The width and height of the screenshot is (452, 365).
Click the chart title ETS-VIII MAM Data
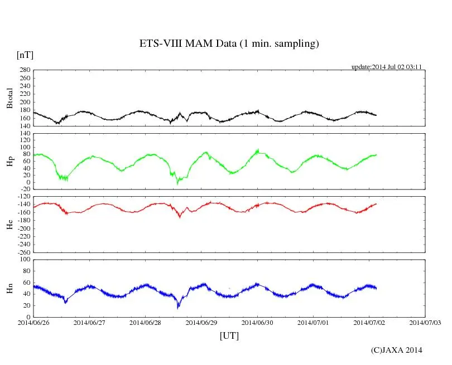[229, 44]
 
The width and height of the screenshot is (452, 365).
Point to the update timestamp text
[386, 67]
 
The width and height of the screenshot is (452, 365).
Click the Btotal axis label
[9, 98]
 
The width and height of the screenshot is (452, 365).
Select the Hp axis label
[9, 162]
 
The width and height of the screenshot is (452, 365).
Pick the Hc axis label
[9, 224]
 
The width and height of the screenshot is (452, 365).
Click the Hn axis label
[9, 288]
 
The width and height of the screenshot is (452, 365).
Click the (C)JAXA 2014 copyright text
[396, 350]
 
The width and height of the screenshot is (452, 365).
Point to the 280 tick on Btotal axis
[25, 70]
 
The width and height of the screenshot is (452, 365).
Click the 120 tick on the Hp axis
[25, 134]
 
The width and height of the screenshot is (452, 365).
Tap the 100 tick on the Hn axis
[25, 260]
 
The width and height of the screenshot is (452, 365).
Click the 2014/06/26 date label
[33, 322]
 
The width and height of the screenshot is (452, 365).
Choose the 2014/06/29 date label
[201, 322]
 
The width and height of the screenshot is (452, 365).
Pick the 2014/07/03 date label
[425, 322]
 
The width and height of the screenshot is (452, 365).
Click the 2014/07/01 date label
[313, 322]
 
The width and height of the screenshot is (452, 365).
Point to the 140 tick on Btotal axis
[25, 126]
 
